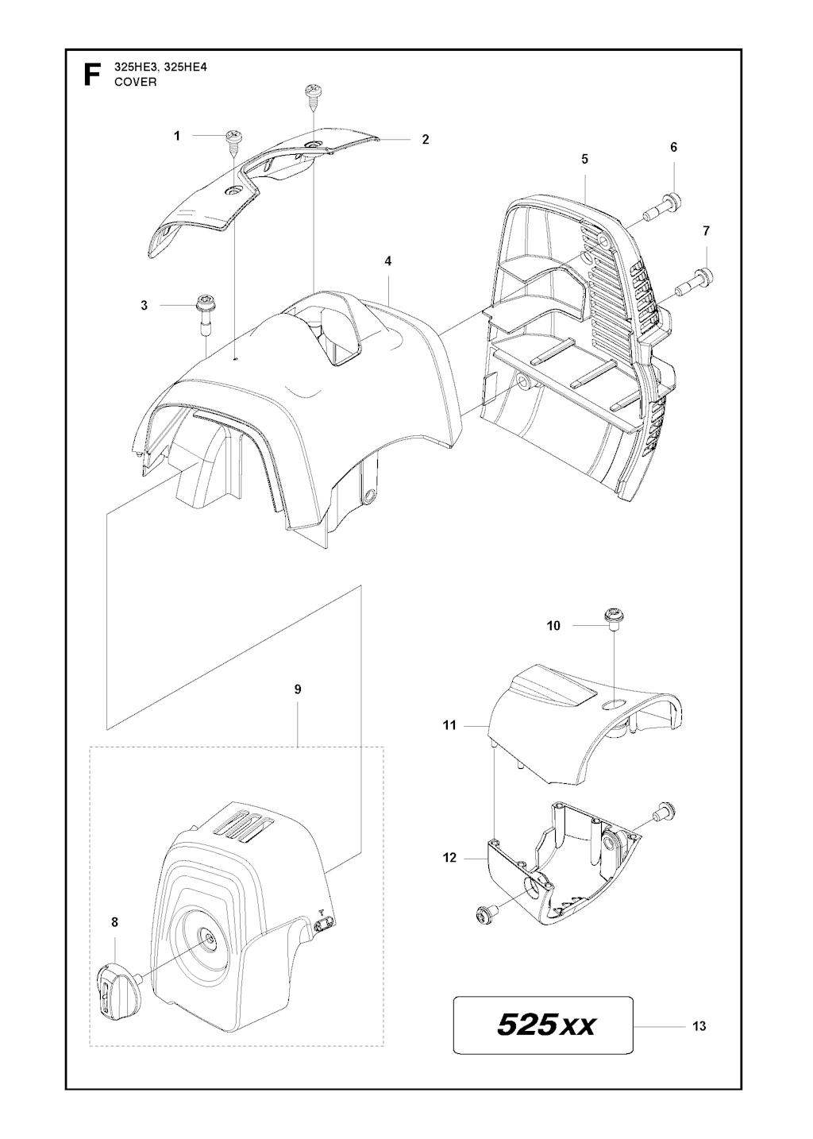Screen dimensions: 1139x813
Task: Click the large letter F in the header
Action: click(x=92, y=75)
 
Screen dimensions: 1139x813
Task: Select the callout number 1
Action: click(x=178, y=136)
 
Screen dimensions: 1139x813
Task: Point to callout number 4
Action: click(x=387, y=261)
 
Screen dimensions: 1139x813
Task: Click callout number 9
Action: click(x=298, y=689)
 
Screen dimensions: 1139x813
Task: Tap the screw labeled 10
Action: click(x=614, y=616)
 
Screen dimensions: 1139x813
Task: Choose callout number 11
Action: click(x=449, y=725)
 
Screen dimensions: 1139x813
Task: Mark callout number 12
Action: click(x=449, y=858)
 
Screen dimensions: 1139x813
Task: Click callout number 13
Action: click(x=699, y=1026)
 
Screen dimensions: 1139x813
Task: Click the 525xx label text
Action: click(x=545, y=1025)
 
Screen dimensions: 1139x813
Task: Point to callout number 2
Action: click(x=426, y=139)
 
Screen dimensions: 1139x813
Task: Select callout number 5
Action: click(x=584, y=159)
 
